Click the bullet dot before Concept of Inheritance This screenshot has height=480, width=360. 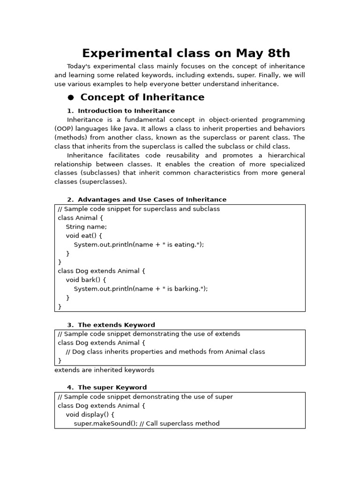tap(71, 97)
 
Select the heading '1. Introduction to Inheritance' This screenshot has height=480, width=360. tap(121, 111)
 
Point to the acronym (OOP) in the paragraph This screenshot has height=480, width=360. tap(64, 129)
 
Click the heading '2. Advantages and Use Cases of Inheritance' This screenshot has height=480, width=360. tap(147, 200)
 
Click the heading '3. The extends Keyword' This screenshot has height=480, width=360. tap(111, 325)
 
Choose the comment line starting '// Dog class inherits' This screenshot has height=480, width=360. tap(165, 352)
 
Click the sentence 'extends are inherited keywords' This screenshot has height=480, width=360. tap(104, 370)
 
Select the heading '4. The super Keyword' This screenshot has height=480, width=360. tap(107, 388)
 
